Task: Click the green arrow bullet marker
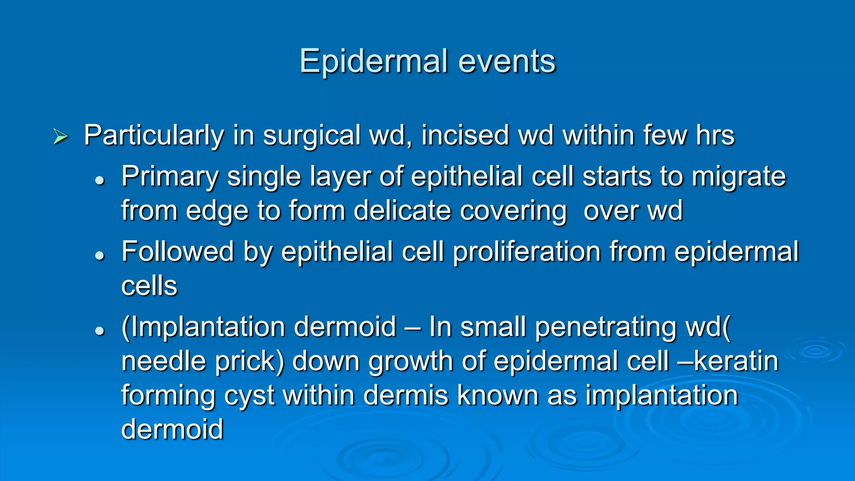tap(61, 137)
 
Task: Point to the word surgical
tap(311, 136)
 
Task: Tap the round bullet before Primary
tap(99, 180)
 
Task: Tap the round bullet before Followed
tap(99, 255)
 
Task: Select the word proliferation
tap(526, 252)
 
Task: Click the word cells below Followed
tap(149, 286)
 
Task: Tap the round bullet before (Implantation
tap(99, 331)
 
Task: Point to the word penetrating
tap(605, 327)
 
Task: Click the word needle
tap(163, 361)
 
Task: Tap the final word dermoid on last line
tap(172, 429)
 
